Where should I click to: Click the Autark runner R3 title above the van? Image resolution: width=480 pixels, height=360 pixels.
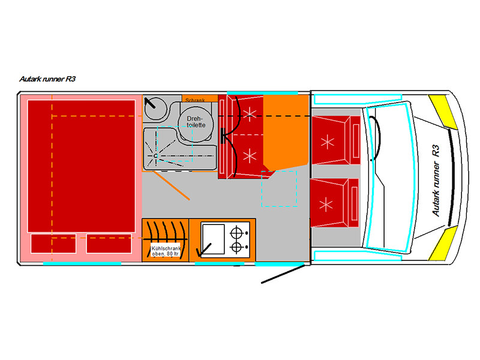(x=47, y=78)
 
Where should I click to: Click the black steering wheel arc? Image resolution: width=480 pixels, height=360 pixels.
(x=378, y=139)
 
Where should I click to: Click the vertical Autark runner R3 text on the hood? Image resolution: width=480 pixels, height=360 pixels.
(x=436, y=179)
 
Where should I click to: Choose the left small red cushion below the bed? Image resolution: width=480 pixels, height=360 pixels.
(x=49, y=244)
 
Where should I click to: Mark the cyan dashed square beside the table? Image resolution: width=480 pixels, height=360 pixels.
(x=280, y=188)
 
